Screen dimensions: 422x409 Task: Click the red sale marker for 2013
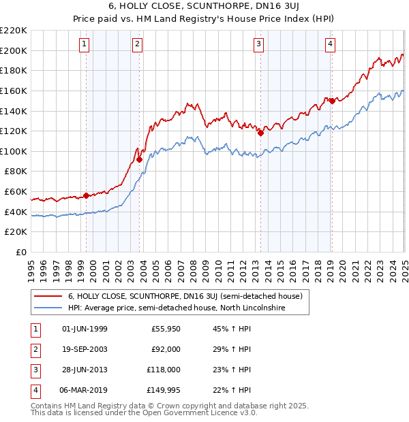260,133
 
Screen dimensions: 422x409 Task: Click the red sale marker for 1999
86,195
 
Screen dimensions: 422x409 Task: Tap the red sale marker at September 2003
139,159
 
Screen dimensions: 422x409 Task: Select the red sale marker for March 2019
331,101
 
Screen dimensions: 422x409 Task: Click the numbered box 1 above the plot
84,45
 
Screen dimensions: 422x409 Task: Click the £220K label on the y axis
14,31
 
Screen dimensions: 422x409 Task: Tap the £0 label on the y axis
20,252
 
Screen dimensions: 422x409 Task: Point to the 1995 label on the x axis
31,266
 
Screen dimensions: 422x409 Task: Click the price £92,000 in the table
166,349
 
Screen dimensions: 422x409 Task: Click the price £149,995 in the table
162,390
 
